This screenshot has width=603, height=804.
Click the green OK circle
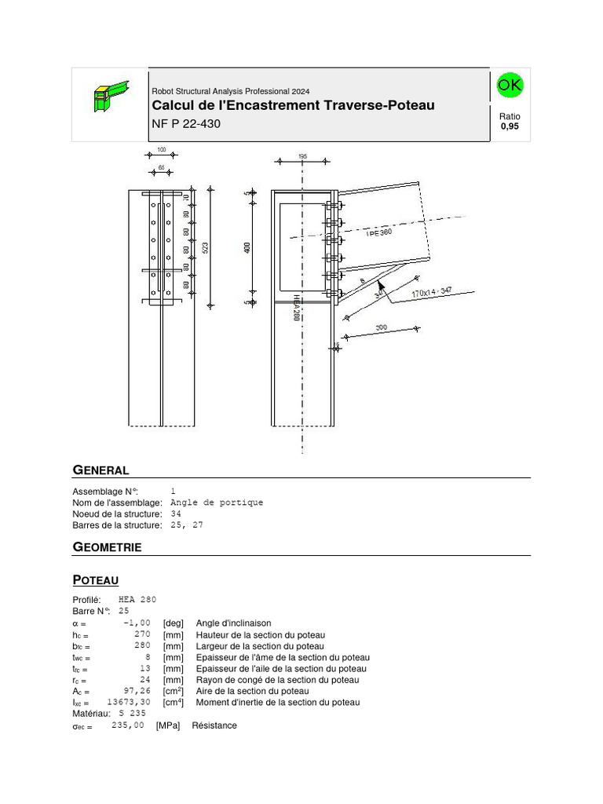(510, 86)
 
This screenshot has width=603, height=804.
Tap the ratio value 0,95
(510, 126)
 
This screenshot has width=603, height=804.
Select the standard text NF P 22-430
(185, 123)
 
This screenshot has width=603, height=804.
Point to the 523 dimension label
(206, 248)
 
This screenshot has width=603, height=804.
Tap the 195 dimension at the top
(303, 156)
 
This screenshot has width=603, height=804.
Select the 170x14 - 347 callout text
(432, 293)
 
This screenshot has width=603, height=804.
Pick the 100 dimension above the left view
(161, 149)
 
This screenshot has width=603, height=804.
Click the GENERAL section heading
(100, 470)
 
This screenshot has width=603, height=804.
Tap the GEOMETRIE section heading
(107, 547)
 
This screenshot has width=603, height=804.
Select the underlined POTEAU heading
(95, 580)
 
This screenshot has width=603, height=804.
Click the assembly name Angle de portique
(217, 502)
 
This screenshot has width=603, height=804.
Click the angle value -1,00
(136, 623)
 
